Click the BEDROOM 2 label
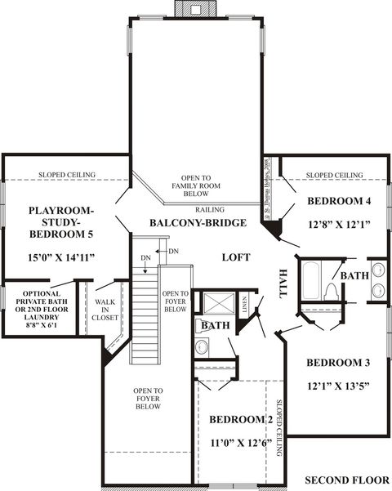[241, 419]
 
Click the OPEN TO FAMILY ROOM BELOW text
[196, 186]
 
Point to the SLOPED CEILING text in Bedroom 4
[335, 175]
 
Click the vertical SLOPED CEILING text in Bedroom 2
[278, 429]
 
